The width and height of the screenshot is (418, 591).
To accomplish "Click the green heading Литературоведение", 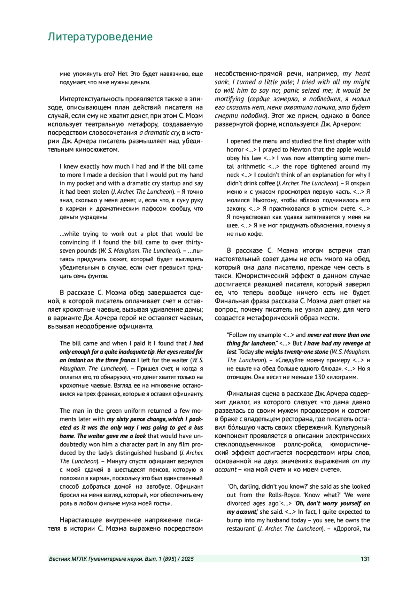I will (x=100, y=37).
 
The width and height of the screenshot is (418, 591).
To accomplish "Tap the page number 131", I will (x=365, y=559).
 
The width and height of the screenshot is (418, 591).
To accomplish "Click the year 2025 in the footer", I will (x=187, y=559).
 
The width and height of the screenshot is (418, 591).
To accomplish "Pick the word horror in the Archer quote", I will (x=235, y=150).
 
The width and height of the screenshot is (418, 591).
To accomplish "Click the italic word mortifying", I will (x=229, y=99).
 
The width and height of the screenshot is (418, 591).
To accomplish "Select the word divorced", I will (x=238, y=503).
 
